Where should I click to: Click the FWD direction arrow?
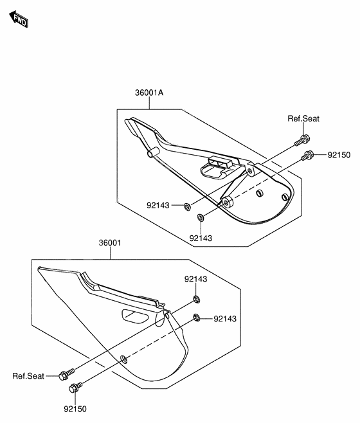pyautogui.click(x=19, y=19)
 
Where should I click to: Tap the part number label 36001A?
pyautogui.click(x=149, y=93)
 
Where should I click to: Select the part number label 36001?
pyautogui.click(x=110, y=243)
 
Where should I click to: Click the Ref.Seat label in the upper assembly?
pyautogui.click(x=303, y=119)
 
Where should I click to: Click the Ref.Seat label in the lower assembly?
pyautogui.click(x=28, y=376)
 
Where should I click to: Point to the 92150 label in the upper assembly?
pyautogui.click(x=339, y=155)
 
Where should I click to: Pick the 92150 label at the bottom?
pyautogui.click(x=75, y=409)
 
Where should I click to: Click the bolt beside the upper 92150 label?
pyautogui.click(x=307, y=156)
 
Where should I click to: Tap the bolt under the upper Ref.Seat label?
pyautogui.click(x=302, y=140)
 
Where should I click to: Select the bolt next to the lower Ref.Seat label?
pyautogui.click(x=66, y=374)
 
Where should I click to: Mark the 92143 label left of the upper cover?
pyautogui.click(x=158, y=206)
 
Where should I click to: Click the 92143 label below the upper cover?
pyautogui.click(x=201, y=239)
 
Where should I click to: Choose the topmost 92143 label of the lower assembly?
pyautogui.click(x=196, y=279)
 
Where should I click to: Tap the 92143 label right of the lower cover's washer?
pyautogui.click(x=225, y=319)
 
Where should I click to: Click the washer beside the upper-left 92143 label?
pyautogui.click(x=187, y=207)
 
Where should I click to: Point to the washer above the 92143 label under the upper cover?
pyautogui.click(x=201, y=217)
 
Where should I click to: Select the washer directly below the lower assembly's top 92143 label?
pyautogui.click(x=197, y=299)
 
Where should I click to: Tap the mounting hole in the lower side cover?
pyautogui.click(x=123, y=359)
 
